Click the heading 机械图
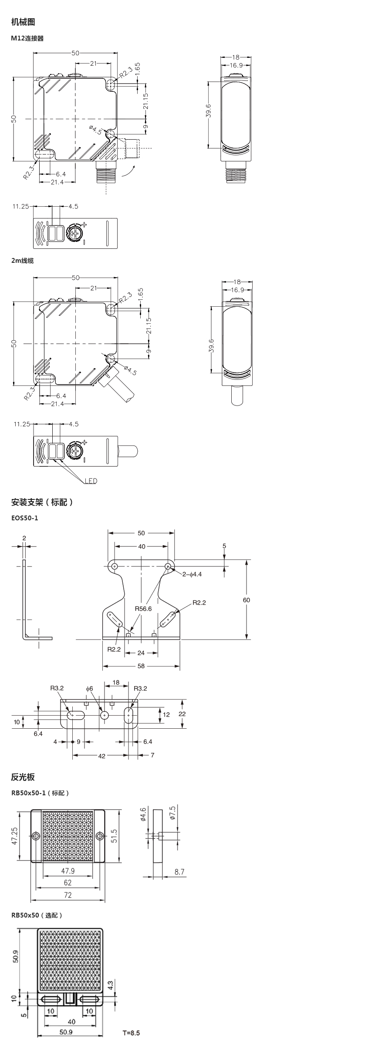coord(23,22)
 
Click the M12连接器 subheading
coord(27,38)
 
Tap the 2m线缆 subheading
coord(22,261)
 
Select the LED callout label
coord(91,481)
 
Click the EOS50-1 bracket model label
coord(25,518)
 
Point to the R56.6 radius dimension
coord(143,609)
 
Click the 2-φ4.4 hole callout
coord(192,574)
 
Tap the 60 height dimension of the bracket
coord(247,600)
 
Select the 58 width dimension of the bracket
coord(141,666)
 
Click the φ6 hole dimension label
coord(89,688)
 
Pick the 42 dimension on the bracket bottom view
coord(101,756)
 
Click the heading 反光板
coord(23,777)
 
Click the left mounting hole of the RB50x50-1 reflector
coord(36,836)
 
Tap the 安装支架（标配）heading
coord(42,502)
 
